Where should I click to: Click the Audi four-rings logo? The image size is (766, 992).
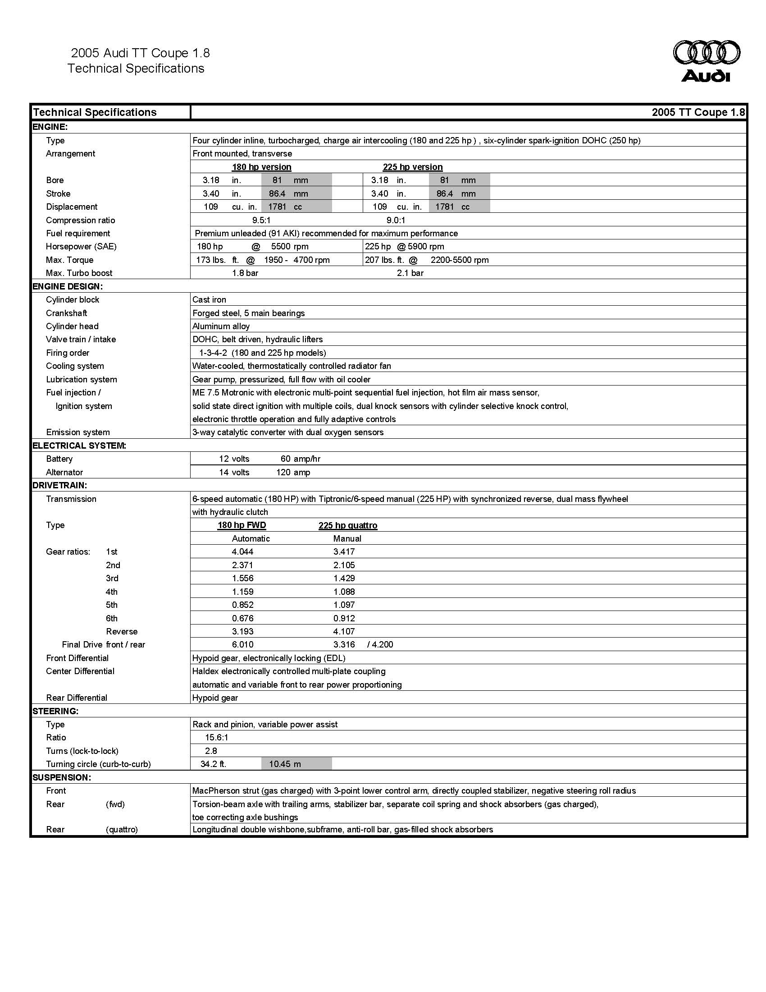coord(706,53)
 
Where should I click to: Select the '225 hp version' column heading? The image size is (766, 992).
coord(412,167)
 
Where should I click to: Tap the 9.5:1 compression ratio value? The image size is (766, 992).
coord(261,220)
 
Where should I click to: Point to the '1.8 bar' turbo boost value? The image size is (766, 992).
coord(245,273)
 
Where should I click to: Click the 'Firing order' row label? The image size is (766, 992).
coord(68,353)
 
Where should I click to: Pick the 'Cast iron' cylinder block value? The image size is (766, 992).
coord(209,300)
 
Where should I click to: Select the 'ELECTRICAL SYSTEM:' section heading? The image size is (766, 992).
coord(79,445)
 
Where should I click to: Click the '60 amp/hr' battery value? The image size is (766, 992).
coord(301,459)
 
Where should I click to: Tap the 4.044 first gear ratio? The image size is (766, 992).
coord(242,552)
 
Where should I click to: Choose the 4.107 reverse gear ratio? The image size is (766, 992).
coord(344,631)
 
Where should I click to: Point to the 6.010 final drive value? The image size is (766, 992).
coord(242,644)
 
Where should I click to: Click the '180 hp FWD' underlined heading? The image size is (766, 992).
coord(242,525)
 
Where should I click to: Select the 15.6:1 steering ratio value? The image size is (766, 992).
coord(216,738)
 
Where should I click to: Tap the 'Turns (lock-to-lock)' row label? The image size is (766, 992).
coord(82,751)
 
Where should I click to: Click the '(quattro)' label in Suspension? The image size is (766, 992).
coord(122,829)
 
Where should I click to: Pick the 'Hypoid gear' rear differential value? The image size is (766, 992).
coord(215,698)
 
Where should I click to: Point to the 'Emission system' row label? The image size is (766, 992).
coord(78,432)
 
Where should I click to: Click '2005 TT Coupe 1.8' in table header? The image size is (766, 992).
coord(698,112)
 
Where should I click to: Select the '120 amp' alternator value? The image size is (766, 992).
coord(293,473)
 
